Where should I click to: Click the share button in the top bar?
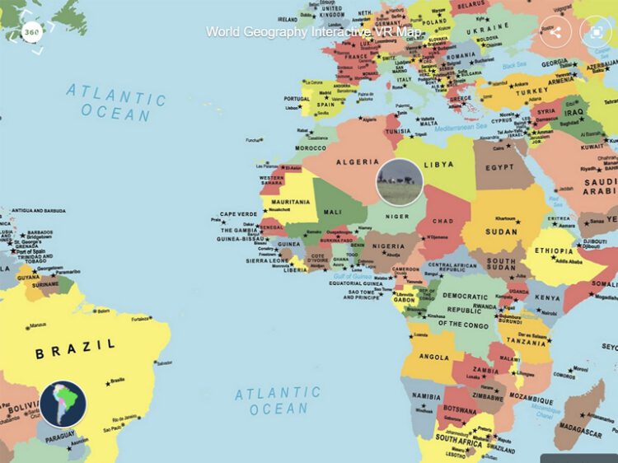point(555,32)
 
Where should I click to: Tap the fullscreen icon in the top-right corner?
point(595,32)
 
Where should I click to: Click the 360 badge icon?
point(31,32)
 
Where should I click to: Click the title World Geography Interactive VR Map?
point(314,32)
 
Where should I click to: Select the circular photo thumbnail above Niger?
point(400,182)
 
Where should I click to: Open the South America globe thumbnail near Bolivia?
point(63,404)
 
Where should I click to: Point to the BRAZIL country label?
point(75,352)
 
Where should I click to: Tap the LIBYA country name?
point(438,164)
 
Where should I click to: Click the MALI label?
point(332,212)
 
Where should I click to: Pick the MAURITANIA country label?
point(284,201)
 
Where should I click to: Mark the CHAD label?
point(442,221)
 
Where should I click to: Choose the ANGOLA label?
point(433,357)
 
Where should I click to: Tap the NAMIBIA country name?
point(427,395)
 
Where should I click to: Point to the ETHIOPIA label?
point(554,250)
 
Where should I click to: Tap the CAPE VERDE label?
point(239,214)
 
